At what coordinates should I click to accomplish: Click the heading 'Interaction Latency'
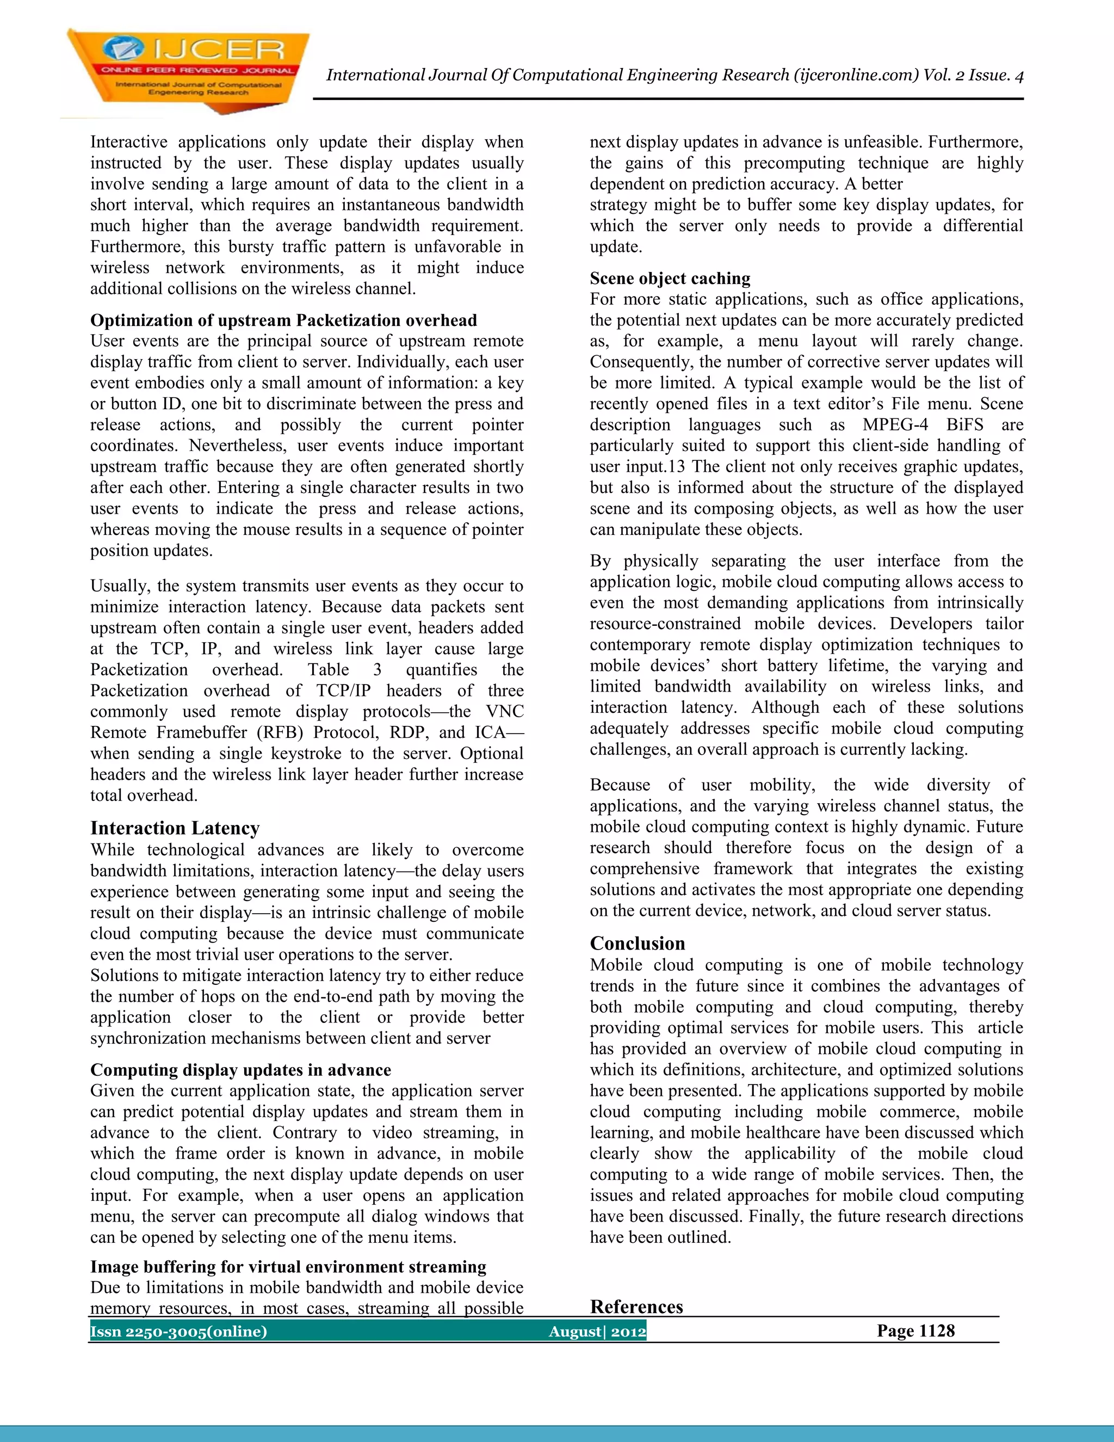(175, 828)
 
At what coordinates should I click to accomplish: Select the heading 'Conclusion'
(637, 943)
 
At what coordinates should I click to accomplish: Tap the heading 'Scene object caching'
(670, 278)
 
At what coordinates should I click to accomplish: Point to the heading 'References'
(636, 1307)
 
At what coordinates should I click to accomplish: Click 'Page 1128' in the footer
(915, 1330)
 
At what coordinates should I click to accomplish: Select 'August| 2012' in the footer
(597, 1331)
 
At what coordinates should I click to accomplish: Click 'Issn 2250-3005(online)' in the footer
(179, 1331)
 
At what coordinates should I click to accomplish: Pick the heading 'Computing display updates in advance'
(240, 1070)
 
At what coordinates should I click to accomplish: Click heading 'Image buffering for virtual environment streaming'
(288, 1266)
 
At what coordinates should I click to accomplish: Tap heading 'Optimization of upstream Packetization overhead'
(283, 320)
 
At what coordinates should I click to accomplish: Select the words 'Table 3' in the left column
(344, 669)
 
